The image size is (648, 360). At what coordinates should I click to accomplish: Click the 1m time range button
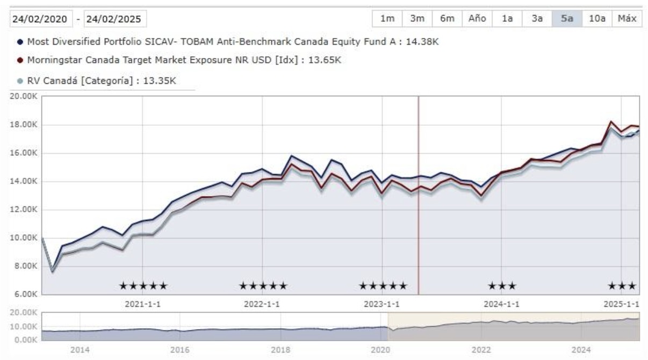(x=387, y=19)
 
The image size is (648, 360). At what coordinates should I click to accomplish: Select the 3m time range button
(x=417, y=19)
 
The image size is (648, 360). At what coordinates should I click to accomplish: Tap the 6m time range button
(x=447, y=19)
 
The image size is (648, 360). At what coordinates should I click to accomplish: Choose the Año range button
(x=477, y=19)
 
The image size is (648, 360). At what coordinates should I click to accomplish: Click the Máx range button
(x=627, y=19)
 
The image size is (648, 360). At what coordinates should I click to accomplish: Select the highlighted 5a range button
(x=567, y=19)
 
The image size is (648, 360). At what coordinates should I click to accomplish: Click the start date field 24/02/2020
(x=40, y=19)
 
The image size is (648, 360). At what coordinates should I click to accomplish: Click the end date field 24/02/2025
(x=115, y=19)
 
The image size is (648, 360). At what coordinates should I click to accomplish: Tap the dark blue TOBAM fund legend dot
(x=20, y=41)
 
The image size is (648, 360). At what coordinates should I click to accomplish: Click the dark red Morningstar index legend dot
(x=20, y=60)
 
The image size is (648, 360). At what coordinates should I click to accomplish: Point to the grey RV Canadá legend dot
(x=20, y=81)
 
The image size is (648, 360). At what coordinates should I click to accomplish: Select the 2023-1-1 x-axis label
(x=382, y=304)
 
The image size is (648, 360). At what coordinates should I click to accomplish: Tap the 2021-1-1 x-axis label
(x=142, y=304)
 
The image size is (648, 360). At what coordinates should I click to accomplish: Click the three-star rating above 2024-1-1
(x=502, y=285)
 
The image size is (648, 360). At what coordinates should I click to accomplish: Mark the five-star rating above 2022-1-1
(x=263, y=285)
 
